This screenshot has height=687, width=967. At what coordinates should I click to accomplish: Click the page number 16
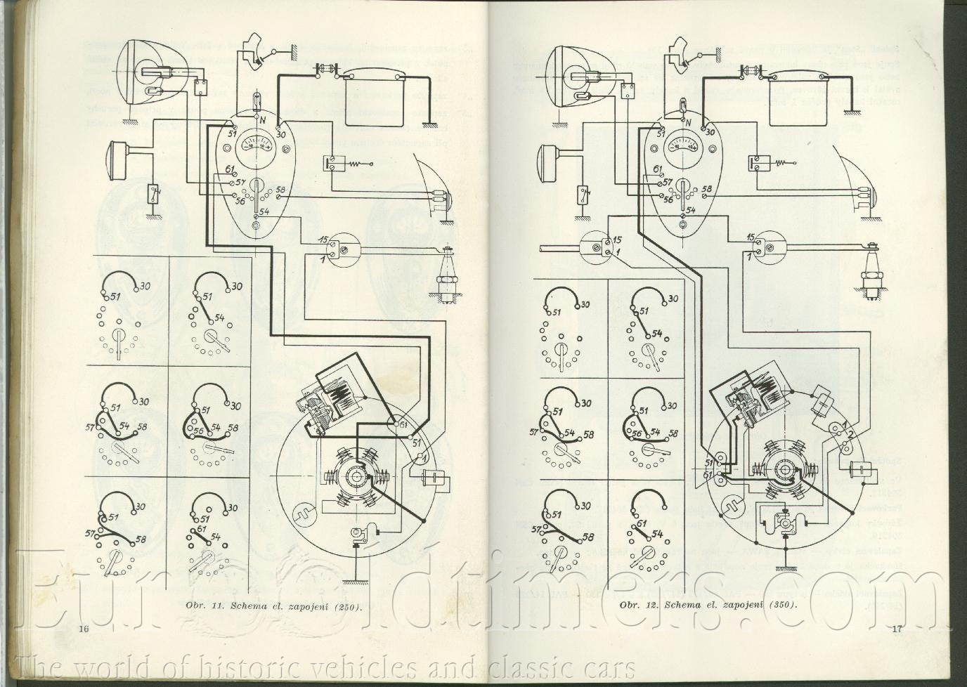click(84, 628)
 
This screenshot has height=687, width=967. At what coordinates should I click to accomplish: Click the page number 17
click(895, 628)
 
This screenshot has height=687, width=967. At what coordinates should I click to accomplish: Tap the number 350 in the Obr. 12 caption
click(781, 605)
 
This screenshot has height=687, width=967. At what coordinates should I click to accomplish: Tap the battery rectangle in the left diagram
click(372, 98)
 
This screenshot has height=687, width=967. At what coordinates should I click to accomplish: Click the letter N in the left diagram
click(261, 119)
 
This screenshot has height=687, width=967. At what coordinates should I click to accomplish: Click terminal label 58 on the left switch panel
click(280, 190)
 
